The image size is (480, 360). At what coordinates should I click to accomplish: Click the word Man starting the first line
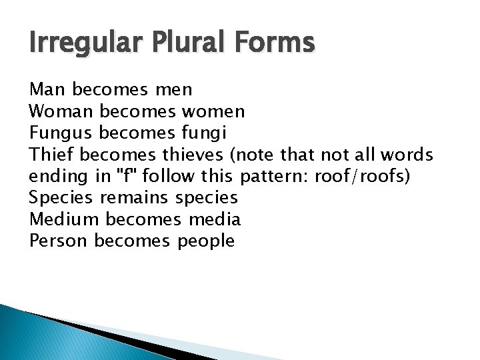click(47, 89)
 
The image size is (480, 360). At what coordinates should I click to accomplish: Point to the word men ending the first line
click(173, 89)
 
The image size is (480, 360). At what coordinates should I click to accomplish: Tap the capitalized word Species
click(61, 198)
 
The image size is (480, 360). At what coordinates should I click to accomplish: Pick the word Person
click(59, 241)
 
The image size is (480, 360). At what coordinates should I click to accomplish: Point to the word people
click(206, 241)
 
